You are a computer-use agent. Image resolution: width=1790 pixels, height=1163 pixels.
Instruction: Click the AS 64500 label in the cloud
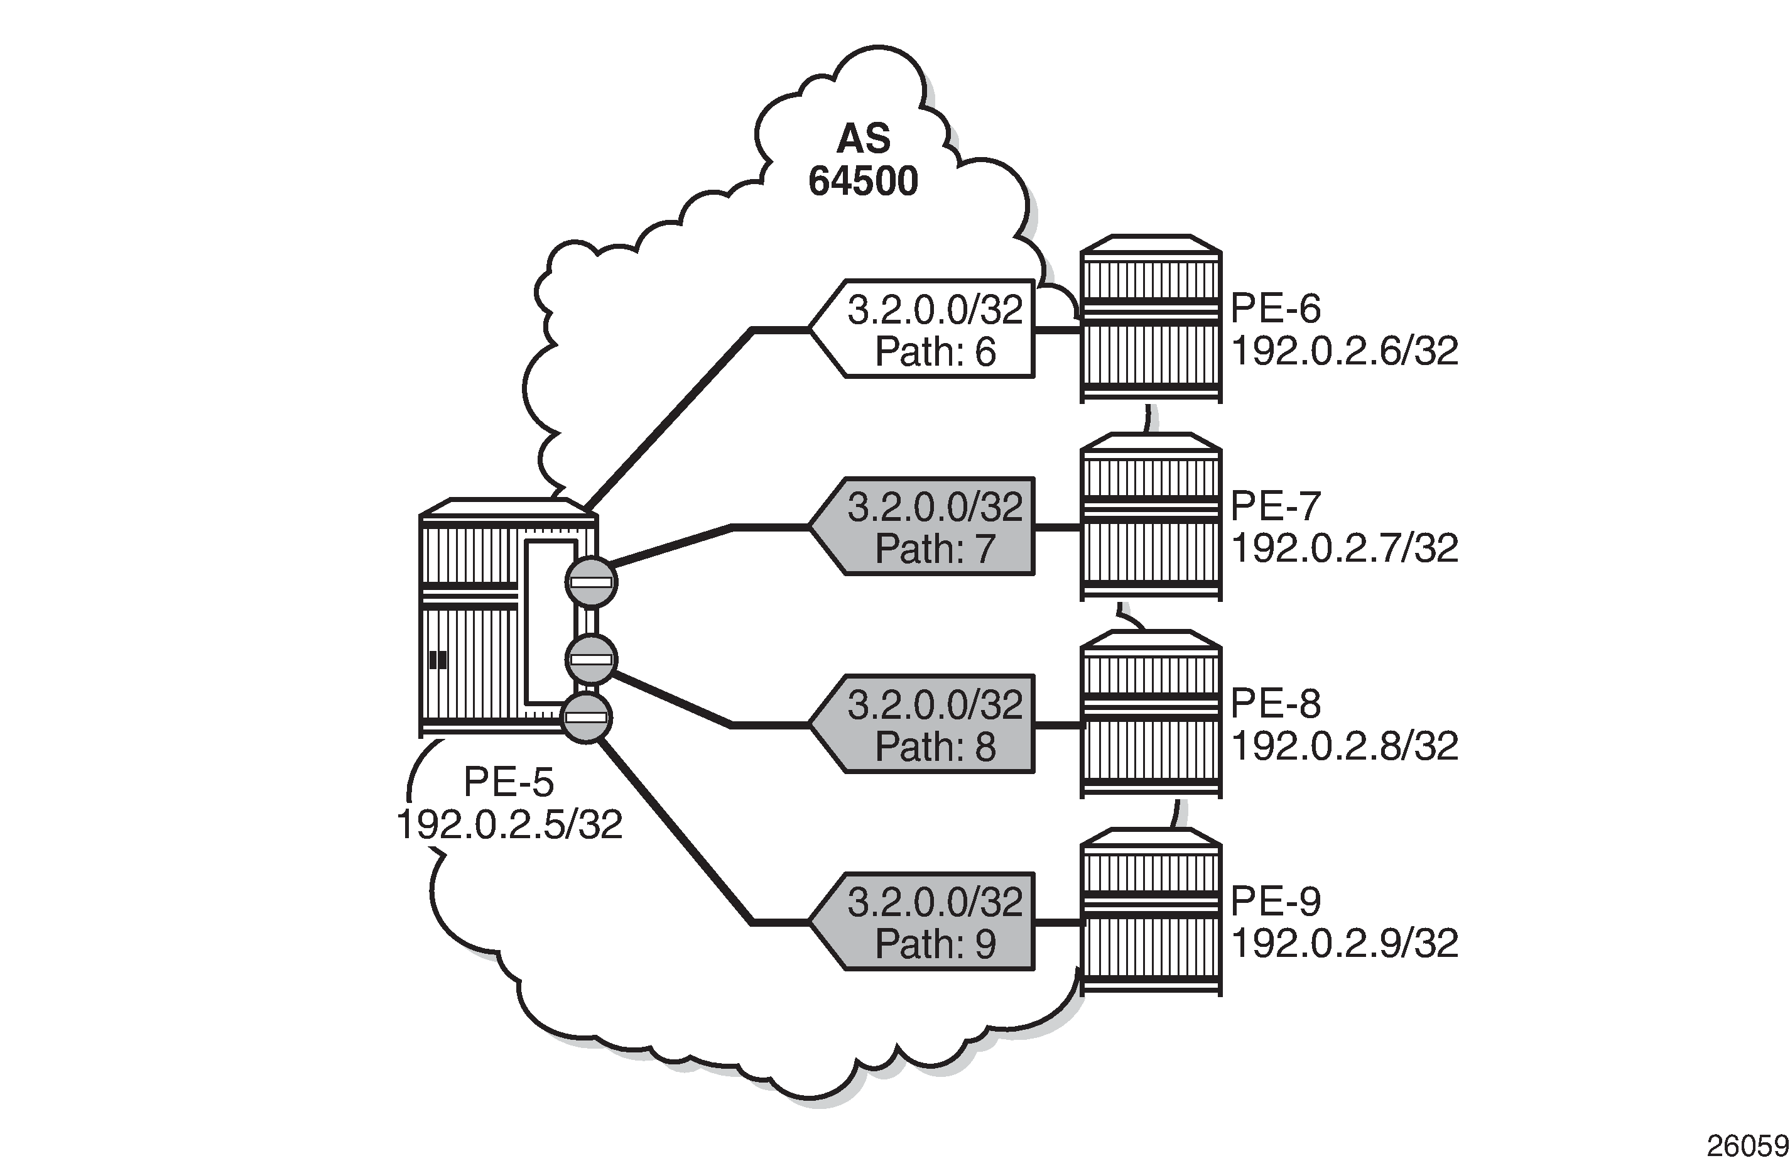click(x=864, y=160)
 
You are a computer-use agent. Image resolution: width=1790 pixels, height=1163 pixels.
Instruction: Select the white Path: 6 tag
click(x=922, y=329)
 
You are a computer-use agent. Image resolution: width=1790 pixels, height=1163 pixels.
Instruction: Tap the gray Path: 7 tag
click(x=922, y=527)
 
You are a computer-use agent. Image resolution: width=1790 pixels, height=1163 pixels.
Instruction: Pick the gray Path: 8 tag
click(x=922, y=724)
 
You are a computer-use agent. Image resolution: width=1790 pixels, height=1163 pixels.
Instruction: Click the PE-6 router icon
click(x=1151, y=319)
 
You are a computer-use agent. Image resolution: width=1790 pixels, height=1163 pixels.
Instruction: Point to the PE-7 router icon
click(x=1151, y=517)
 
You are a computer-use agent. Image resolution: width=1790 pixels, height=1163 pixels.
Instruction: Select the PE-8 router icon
click(x=1151, y=714)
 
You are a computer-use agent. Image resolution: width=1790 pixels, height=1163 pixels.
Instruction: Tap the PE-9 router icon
click(x=1151, y=912)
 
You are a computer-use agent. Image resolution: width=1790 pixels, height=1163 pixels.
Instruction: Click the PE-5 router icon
click(x=508, y=618)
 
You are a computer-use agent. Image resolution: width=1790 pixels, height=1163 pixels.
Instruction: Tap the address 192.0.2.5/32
click(x=509, y=825)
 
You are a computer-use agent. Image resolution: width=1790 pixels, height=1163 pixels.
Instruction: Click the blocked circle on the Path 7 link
click(x=592, y=582)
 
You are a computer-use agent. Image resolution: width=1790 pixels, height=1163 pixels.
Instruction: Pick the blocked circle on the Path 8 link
click(x=592, y=660)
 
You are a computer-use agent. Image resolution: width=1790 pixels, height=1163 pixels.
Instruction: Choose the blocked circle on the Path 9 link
click(x=587, y=718)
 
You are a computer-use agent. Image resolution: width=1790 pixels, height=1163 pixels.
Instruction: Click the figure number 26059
click(x=1747, y=1145)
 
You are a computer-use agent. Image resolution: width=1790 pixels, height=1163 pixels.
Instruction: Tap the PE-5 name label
click(x=509, y=782)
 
